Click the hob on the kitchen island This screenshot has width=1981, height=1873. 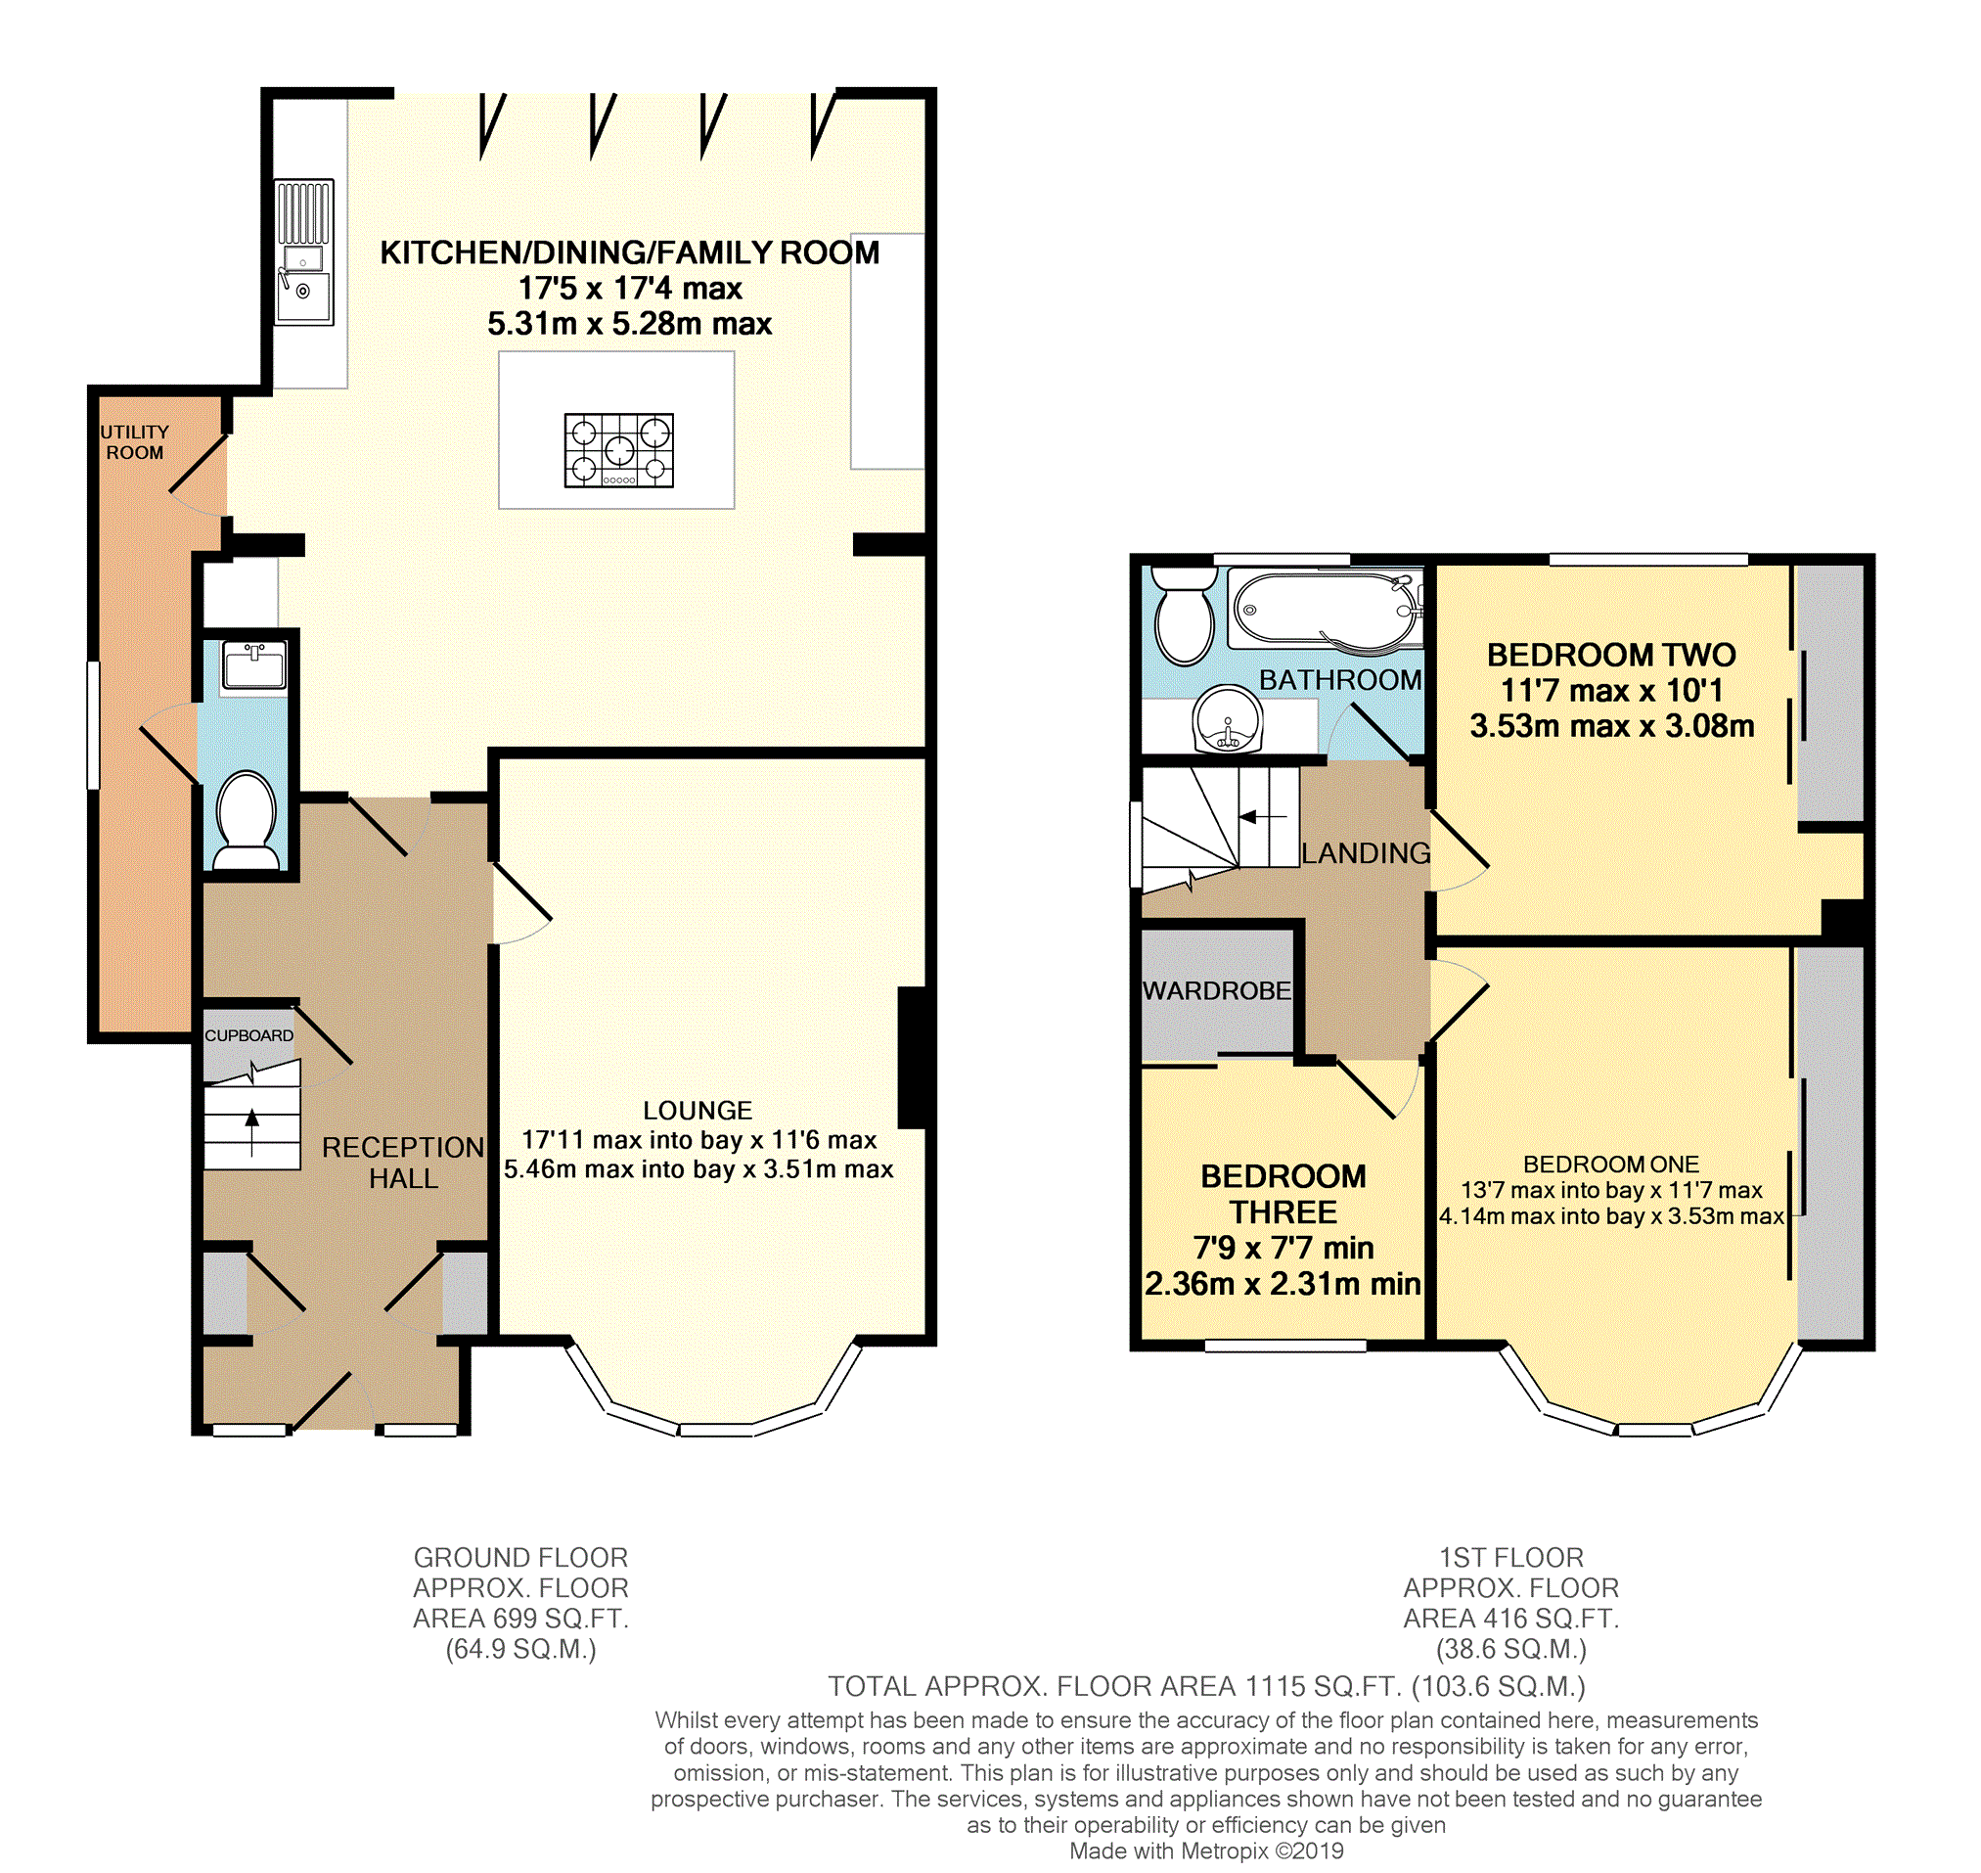point(618,450)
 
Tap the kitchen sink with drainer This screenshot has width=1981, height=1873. point(303,251)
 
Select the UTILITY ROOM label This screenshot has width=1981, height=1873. point(135,441)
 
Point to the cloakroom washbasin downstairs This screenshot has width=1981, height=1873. point(254,664)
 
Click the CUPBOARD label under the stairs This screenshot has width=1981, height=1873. point(249,1035)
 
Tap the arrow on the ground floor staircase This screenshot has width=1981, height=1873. point(252,1130)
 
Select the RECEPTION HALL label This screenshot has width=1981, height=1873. point(403,1163)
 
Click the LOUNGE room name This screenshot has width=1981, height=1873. point(698,1111)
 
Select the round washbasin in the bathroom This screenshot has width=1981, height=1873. point(1228,719)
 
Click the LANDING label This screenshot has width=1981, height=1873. point(1366,852)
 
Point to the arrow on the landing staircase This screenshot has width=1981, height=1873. point(1261,818)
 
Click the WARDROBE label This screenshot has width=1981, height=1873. point(1217,990)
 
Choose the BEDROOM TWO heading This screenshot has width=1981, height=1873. point(1611,655)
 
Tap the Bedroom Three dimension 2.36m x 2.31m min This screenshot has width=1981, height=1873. point(1283,1284)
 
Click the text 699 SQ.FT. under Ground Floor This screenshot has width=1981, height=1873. point(557,1619)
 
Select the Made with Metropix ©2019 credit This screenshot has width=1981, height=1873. point(1206,1851)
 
